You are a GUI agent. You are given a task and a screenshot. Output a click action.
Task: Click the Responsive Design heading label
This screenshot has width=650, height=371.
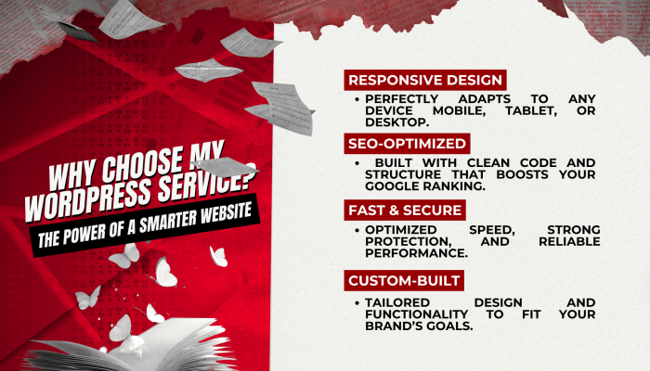click(425, 80)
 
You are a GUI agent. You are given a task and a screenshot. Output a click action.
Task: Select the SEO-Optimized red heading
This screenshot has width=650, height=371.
click(407, 143)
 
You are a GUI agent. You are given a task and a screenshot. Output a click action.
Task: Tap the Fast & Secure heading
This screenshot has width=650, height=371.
click(405, 210)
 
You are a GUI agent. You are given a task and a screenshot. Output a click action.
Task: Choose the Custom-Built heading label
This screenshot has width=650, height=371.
click(404, 280)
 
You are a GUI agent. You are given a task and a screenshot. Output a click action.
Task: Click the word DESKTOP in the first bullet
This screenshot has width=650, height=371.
click(396, 122)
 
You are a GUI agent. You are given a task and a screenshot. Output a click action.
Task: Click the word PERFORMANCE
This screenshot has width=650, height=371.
click(416, 253)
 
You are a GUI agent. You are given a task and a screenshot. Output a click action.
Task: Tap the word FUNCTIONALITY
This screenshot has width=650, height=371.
click(416, 314)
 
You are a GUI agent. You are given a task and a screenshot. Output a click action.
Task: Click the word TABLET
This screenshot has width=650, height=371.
click(531, 110)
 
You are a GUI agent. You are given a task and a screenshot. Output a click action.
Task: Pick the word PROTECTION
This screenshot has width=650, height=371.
click(409, 241)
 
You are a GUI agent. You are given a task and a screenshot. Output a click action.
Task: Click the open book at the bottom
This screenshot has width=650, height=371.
click(136, 348)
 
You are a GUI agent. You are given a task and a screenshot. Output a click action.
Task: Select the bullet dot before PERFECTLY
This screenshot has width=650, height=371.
click(357, 99)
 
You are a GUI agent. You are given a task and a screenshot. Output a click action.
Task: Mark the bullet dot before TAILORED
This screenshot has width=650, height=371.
click(357, 303)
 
